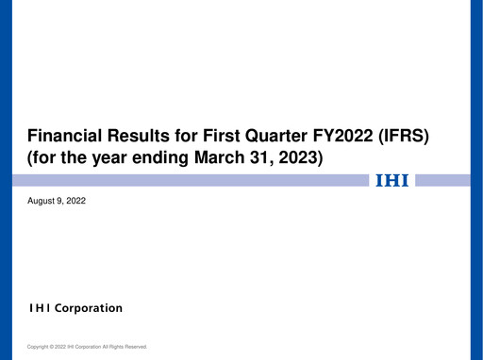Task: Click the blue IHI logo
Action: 392,180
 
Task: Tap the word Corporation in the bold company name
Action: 93,308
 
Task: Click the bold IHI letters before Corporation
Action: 42,308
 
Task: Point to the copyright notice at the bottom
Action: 87,347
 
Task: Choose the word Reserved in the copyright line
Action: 135,347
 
